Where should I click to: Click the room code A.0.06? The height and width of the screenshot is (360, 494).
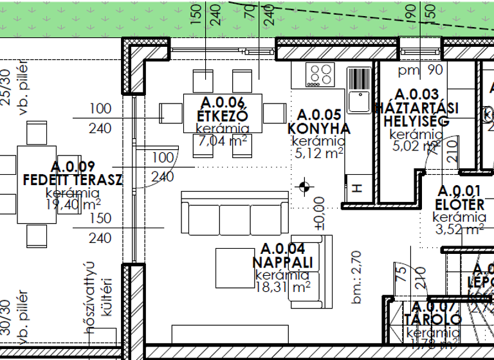point(223,102)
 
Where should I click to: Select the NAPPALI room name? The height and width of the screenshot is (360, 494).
point(283,263)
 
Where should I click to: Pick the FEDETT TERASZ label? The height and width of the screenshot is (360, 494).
point(72,179)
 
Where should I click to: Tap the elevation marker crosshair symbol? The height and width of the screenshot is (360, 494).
point(305,188)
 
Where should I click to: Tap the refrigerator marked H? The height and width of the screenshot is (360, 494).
point(358,188)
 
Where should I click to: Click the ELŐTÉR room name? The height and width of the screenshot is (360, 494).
point(460,205)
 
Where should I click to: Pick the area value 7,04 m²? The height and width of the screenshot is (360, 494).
point(223,140)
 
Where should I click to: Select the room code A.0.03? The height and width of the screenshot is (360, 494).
point(416,95)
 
